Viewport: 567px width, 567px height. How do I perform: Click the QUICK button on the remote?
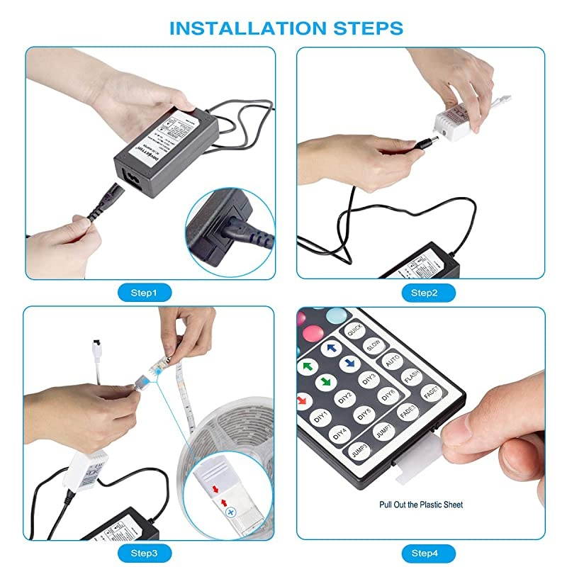coord(354,330)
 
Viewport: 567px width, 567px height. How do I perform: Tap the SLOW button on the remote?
coord(374,345)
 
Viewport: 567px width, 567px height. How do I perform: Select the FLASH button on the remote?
coord(412,376)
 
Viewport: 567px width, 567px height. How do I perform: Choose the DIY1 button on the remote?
coord(320,415)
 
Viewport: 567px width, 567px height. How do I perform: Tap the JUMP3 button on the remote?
coord(356,449)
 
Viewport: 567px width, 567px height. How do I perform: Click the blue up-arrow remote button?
coord(330,349)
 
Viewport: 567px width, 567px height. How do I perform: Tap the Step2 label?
coord(423,292)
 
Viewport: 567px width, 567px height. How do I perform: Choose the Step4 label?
coord(424,552)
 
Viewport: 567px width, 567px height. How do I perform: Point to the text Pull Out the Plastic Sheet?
coord(421,505)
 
